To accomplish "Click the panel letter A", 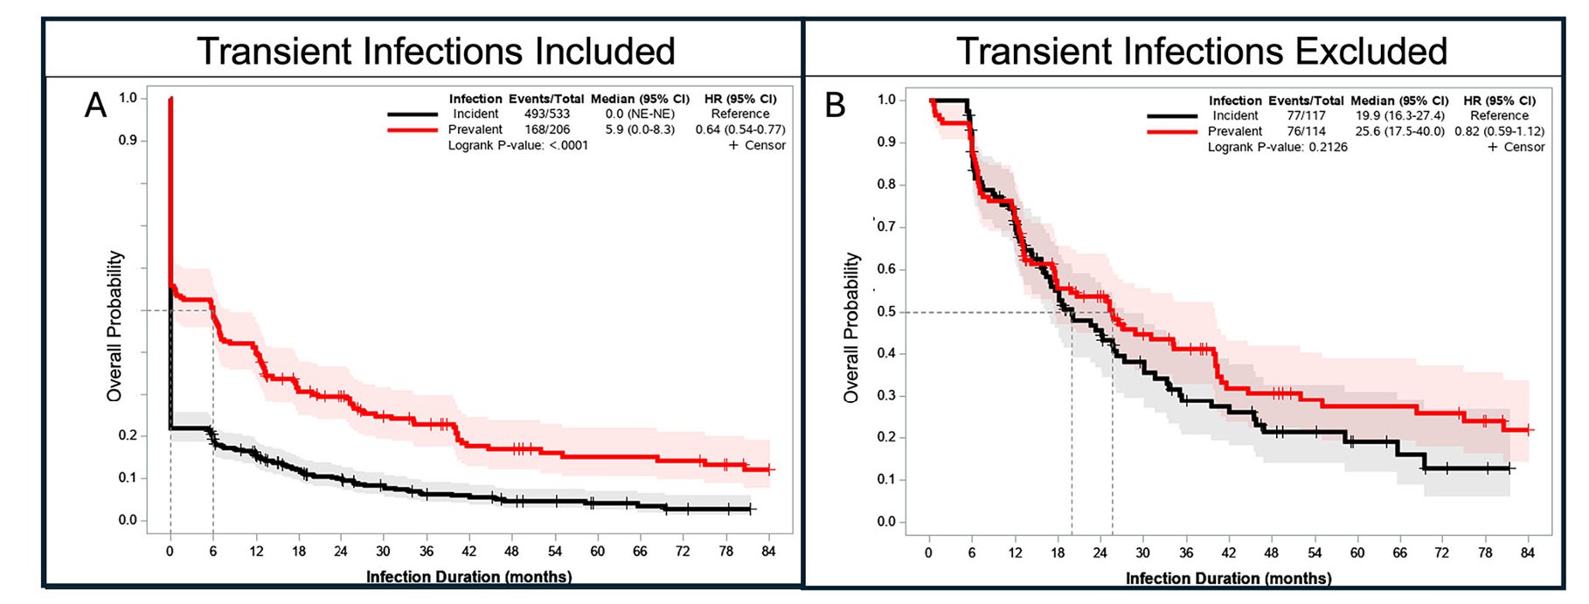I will coord(95,106).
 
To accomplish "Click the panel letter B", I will coord(835,106).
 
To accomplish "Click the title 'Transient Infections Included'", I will coord(435,51).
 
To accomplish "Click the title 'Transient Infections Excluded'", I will coord(1201,51).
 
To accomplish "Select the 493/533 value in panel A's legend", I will coord(546,114).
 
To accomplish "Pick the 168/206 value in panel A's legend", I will coord(546,129).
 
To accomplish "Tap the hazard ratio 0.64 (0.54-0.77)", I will coord(740,129).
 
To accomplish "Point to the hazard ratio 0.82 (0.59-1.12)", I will coord(1499,131).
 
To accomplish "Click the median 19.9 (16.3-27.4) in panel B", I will coord(1399,115).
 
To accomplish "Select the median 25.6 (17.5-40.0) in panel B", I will coord(1399,131).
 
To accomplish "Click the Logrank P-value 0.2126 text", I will coord(1277,147).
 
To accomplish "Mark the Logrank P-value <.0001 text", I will coord(517,145).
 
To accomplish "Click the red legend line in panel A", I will coord(413,129).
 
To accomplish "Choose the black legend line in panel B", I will coord(1172,115).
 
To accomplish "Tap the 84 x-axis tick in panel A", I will coord(768,552).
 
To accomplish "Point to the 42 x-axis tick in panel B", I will coord(1228,553).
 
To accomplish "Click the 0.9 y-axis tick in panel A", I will coord(128,140).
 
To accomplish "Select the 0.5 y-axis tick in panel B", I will coord(886,312).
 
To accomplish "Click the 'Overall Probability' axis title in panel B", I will coord(851,328).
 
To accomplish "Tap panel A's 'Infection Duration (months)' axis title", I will coord(468,577).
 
